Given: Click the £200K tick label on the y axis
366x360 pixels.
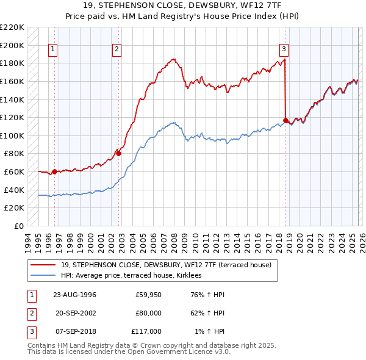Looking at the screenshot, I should click(12, 45).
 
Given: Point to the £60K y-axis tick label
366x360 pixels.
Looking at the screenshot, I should click(14, 172).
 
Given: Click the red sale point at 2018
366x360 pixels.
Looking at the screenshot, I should click(285, 120).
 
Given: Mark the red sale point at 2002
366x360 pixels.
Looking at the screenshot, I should click(119, 154).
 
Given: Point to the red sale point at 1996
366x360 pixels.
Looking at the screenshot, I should click(55, 171).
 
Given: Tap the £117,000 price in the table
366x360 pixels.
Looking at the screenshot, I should click(146, 331).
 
